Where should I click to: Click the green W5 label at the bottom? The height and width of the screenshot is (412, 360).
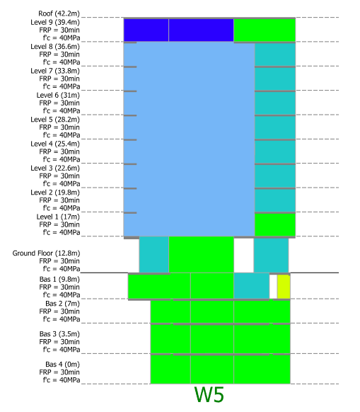pyautogui.click(x=209, y=395)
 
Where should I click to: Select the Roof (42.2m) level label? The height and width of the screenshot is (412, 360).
pyautogui.click(x=59, y=13)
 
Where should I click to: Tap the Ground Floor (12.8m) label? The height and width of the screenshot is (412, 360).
pyautogui.click(x=46, y=253)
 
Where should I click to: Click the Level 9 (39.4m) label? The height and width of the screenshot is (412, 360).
pyautogui.click(x=55, y=22)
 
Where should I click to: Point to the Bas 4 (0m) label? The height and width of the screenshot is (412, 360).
pyautogui.click(x=62, y=365)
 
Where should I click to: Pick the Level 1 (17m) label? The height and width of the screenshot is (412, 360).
pyautogui.click(x=58, y=217)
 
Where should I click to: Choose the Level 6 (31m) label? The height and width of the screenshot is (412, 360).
pyautogui.click(x=58, y=95)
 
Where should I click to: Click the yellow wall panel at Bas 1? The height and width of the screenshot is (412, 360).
pyautogui.click(x=284, y=287)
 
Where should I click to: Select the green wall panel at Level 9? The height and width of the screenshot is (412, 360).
pyautogui.click(x=265, y=30)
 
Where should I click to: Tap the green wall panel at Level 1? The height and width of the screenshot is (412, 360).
pyautogui.click(x=275, y=224)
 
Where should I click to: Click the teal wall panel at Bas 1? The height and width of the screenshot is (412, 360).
pyautogui.click(x=251, y=286)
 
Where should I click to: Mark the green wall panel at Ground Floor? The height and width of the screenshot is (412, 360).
pyautogui.click(x=201, y=254)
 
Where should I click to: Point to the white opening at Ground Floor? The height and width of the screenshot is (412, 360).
pyautogui.click(x=244, y=255)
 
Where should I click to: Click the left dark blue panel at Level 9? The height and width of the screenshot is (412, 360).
pyautogui.click(x=146, y=30)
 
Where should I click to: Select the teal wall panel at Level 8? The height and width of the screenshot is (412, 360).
pyautogui.click(x=275, y=55)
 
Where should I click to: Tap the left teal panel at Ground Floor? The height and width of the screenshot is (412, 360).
pyautogui.click(x=154, y=254)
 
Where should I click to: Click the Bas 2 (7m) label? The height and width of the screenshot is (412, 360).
pyautogui.click(x=62, y=304)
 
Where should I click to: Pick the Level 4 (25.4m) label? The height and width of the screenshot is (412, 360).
pyautogui.click(x=55, y=144)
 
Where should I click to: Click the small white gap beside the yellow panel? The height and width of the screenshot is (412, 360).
pyautogui.click(x=273, y=287)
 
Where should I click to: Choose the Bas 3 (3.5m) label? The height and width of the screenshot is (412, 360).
pyautogui.click(x=59, y=334)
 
